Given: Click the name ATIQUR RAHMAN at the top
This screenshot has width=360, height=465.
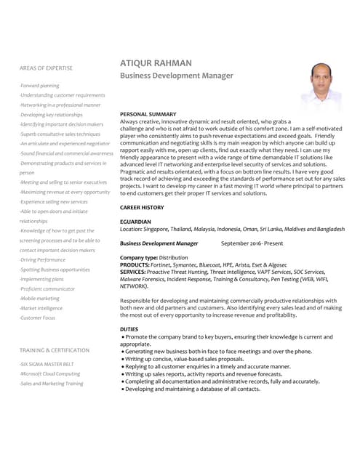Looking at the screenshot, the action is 156,64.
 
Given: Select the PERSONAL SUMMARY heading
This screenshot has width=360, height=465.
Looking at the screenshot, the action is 148,115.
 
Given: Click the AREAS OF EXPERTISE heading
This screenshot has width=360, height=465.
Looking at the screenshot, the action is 46,68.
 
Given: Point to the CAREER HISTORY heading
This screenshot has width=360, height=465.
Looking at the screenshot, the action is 142,208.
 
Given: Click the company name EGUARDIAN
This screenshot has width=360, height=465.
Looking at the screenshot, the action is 135,222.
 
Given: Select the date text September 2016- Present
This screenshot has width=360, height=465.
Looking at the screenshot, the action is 252,243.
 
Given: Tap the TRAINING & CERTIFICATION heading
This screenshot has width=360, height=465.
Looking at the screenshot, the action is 55,350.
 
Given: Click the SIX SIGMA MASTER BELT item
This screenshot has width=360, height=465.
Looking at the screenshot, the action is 47,364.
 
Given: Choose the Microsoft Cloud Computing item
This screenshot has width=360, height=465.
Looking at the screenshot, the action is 50,373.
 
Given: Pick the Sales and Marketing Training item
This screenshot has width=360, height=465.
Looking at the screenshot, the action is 52,384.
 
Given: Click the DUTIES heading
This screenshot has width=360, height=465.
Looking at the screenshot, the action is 128,329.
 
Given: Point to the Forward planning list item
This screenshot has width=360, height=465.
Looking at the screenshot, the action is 40,86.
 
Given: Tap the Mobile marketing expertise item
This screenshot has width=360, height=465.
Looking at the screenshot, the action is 40,299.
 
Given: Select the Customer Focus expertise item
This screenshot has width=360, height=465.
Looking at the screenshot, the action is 38,318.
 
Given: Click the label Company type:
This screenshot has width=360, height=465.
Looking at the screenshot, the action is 138,258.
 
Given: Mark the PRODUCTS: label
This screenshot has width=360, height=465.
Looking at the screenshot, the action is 135,265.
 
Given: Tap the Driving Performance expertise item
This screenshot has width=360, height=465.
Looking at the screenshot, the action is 42,259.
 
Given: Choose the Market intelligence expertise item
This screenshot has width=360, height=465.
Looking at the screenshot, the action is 41,308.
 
